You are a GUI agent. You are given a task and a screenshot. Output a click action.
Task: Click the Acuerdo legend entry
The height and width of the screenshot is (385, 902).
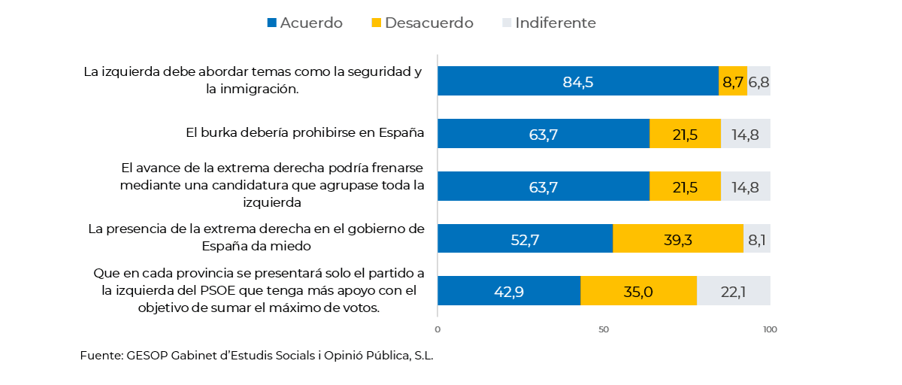(x=304, y=23)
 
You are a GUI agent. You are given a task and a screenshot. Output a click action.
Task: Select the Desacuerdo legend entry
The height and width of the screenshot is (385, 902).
(x=422, y=23)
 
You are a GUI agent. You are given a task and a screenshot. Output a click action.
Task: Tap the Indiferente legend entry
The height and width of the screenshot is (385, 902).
(x=548, y=23)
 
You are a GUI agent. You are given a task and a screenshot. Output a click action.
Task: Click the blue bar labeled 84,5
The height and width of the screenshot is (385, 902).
(x=577, y=81)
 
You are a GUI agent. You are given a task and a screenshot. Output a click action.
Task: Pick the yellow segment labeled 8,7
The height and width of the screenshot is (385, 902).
(x=732, y=81)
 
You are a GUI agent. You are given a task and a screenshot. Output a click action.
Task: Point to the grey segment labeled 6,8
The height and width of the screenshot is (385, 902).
(x=758, y=81)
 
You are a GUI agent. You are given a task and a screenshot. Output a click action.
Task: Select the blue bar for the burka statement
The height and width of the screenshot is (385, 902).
(x=543, y=134)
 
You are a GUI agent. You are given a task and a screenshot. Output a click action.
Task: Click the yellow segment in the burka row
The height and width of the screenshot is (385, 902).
(x=685, y=134)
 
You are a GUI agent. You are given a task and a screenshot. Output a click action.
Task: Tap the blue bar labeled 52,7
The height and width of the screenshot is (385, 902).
(x=525, y=238)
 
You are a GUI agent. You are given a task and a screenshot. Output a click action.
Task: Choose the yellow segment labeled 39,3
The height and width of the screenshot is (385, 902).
(x=678, y=238)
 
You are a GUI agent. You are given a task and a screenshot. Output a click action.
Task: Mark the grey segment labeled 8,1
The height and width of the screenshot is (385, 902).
(x=756, y=238)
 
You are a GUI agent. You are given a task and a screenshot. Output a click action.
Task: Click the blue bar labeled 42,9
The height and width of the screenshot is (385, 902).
(x=509, y=291)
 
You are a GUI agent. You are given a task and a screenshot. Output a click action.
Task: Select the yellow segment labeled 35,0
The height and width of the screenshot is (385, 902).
(x=638, y=291)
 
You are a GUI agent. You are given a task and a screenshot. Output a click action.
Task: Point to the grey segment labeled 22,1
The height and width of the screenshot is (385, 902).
(x=733, y=291)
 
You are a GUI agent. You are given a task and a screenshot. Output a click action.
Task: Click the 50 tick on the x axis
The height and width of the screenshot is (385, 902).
(x=603, y=329)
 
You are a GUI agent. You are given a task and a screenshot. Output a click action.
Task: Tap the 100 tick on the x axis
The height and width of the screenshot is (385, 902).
(x=769, y=329)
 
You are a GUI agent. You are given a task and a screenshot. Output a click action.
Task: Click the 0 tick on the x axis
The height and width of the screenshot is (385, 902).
(x=437, y=329)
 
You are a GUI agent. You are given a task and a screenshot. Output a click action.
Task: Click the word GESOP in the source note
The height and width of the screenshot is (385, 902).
(x=146, y=356)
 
